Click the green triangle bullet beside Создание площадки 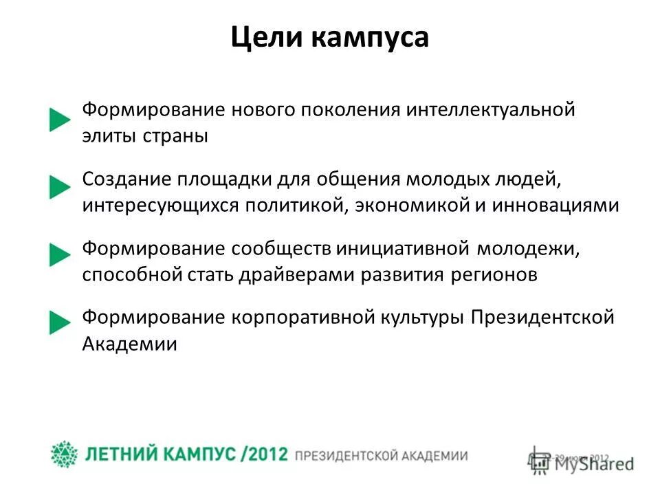click(60, 187)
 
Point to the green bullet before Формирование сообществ click(60, 255)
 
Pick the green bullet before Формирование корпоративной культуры click(60, 322)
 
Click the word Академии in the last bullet click(130, 343)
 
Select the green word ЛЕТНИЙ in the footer click(122, 455)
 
